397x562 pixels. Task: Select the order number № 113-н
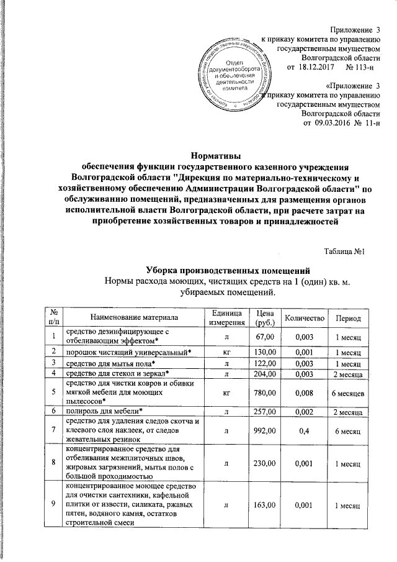[x=358, y=66]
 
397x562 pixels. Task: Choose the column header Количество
[x=305, y=318]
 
